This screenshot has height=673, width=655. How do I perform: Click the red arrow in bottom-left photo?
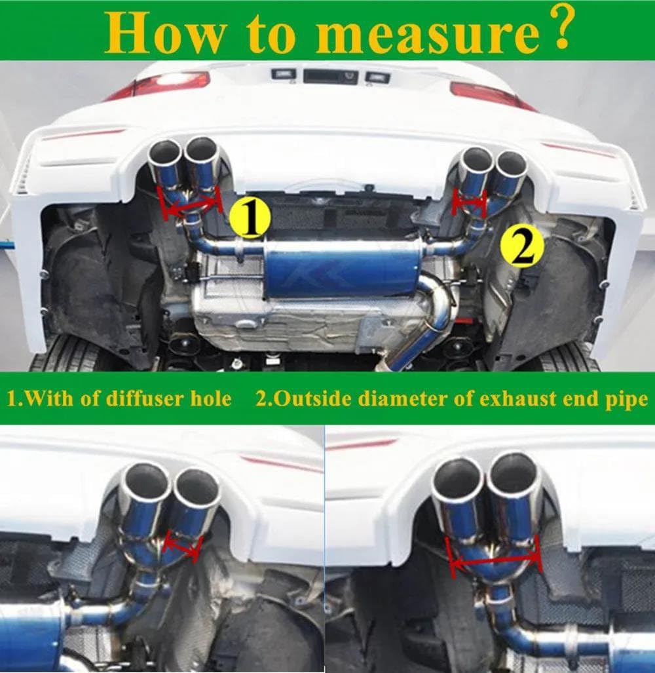pyautogui.click(x=181, y=546)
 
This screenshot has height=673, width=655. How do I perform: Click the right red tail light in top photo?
pyautogui.click(x=488, y=93)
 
